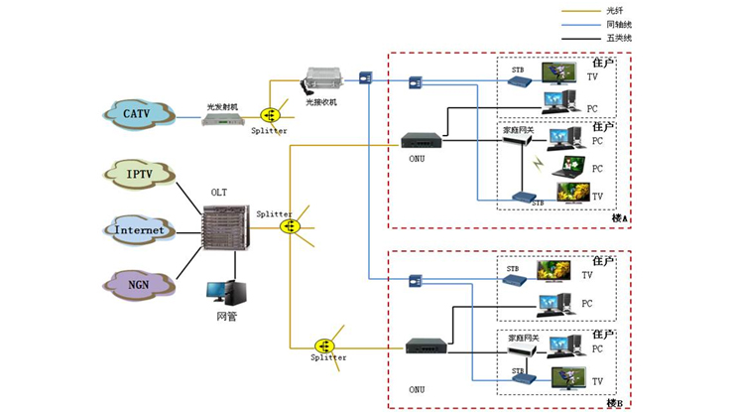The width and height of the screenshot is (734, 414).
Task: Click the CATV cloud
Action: click(136, 115)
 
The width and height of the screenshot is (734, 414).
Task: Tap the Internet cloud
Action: click(138, 230)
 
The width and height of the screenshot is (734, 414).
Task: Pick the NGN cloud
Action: click(138, 286)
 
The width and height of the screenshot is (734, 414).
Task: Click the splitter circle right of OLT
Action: click(290, 226)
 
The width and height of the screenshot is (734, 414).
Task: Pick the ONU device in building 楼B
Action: click(426, 347)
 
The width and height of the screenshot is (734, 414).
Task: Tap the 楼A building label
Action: click(620, 217)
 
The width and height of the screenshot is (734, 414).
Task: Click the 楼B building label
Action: click(614, 403)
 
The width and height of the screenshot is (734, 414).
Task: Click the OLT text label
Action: click(219, 193)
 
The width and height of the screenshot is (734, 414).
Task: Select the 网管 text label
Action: click(226, 317)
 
